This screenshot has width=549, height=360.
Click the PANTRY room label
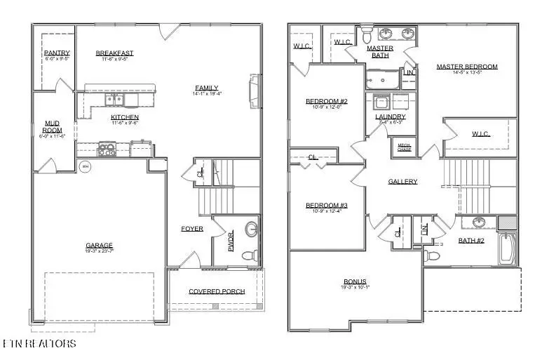[x=56, y=53]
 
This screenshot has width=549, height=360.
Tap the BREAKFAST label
[x=114, y=53]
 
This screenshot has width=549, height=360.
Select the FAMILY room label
[x=206, y=88]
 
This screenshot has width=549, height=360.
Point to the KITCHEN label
[x=124, y=117]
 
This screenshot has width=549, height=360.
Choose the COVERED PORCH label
[x=216, y=291]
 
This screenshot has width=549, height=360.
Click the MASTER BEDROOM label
[x=466, y=67]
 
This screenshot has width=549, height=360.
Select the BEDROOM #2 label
[x=322, y=102]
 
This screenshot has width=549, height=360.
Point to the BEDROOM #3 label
[x=322, y=206]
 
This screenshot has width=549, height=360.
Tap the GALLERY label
[x=402, y=182]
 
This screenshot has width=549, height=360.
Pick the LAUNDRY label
[x=391, y=116]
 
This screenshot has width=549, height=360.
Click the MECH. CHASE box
[x=405, y=147]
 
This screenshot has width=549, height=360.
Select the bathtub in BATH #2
[x=508, y=249]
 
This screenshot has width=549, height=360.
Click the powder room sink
[x=251, y=229]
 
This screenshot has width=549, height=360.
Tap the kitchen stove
[x=107, y=148]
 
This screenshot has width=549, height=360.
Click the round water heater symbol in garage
[x=85, y=166]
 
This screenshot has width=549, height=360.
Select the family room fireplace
[x=254, y=92]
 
